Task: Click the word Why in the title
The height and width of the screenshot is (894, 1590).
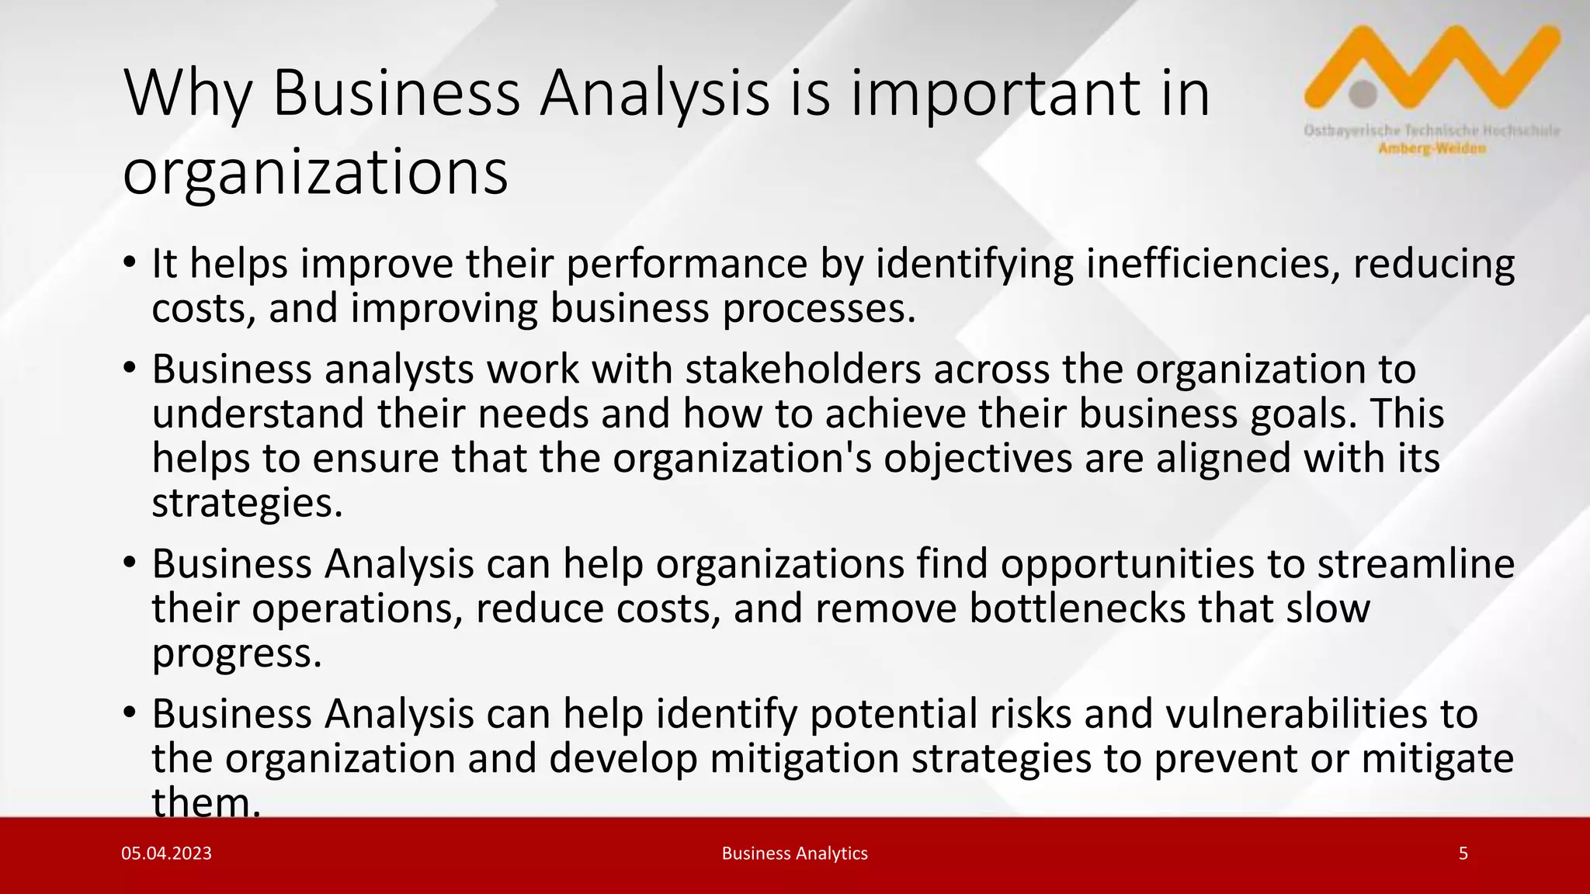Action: (187, 93)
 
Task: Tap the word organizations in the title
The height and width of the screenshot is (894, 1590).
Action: (315, 172)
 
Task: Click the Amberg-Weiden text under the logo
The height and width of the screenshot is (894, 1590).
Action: (1432, 148)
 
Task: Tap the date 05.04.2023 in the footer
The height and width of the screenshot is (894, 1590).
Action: (166, 854)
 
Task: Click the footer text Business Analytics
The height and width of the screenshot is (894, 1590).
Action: (794, 854)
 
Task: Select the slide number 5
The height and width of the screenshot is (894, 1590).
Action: (1463, 854)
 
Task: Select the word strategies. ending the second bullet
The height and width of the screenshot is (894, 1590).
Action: (247, 503)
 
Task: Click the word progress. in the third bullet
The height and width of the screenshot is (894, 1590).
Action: (236, 653)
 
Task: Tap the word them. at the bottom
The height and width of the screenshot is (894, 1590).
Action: (206, 802)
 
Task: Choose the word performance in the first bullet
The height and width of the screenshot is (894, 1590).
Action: (686, 264)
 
